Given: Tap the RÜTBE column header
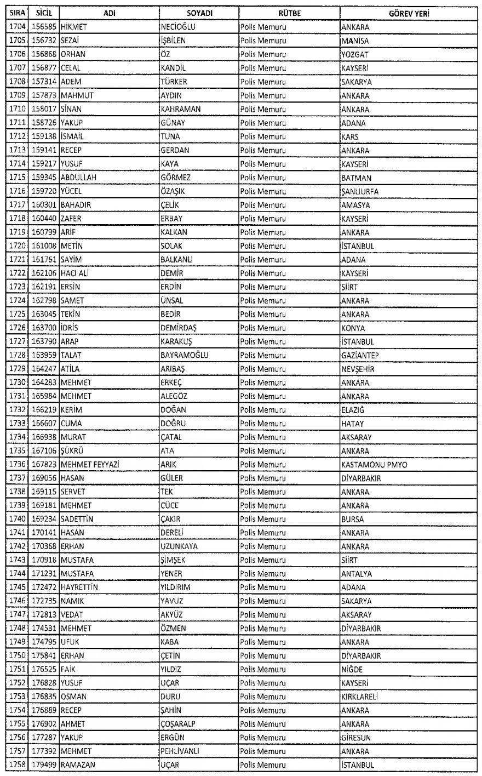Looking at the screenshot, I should [x=288, y=13].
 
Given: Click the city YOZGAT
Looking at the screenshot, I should [x=354, y=54].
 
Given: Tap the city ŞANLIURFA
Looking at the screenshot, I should [x=359, y=191].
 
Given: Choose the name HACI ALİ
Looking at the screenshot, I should [x=76, y=273].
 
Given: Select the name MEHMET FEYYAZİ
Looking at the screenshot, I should [x=90, y=465].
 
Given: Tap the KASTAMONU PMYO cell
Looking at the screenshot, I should [x=374, y=465].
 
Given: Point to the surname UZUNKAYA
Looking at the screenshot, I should [x=179, y=546].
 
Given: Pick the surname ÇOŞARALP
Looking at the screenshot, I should [x=178, y=724].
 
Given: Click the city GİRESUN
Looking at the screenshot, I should [x=355, y=738].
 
